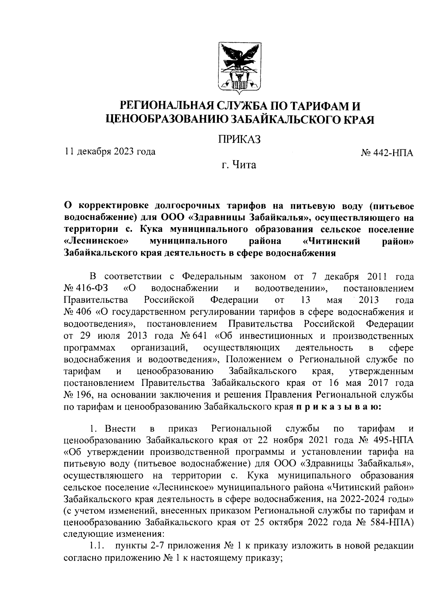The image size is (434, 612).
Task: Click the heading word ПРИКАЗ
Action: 239,139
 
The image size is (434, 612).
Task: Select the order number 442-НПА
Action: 392,153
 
